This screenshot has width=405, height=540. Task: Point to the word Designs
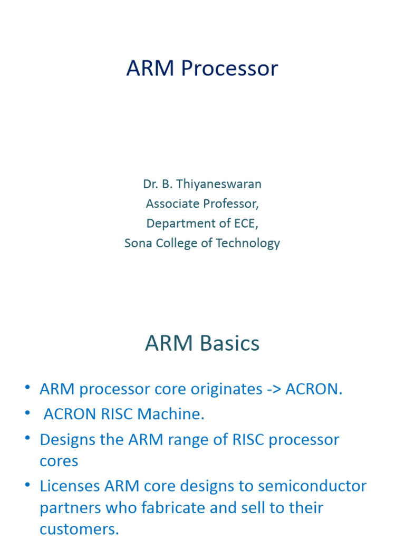pyautogui.click(x=68, y=439)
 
